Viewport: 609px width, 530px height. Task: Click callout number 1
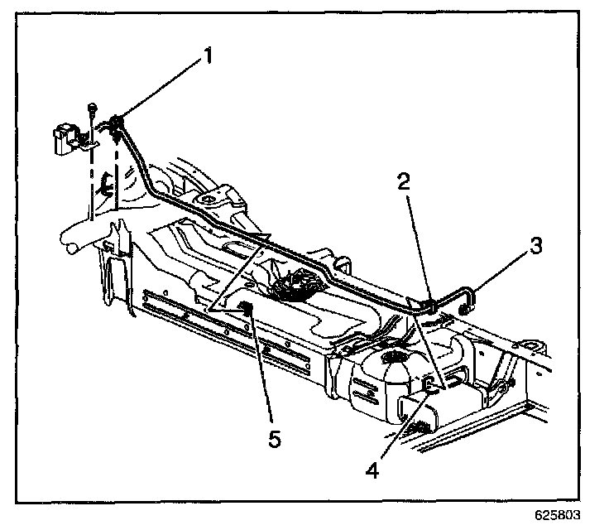click(x=208, y=57)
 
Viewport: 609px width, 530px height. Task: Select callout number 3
click(x=536, y=246)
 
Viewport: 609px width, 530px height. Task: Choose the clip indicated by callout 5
click(x=245, y=310)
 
